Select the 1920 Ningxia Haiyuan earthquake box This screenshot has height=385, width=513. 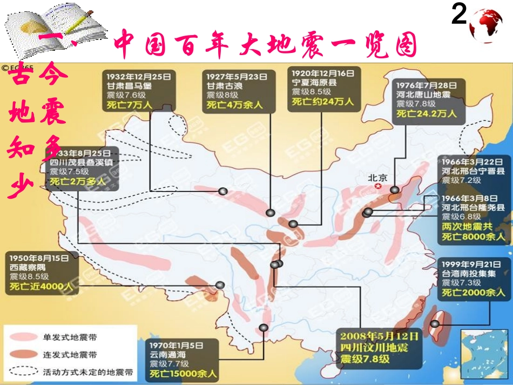pos(322,87)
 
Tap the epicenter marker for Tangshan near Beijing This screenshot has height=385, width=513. pos(395,190)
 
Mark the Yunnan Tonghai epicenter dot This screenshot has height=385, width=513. pos(263,327)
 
